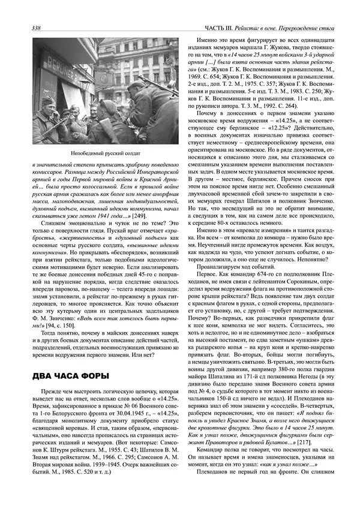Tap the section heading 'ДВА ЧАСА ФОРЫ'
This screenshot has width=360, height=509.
coord(70,376)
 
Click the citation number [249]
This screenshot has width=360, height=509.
coord(140,215)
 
